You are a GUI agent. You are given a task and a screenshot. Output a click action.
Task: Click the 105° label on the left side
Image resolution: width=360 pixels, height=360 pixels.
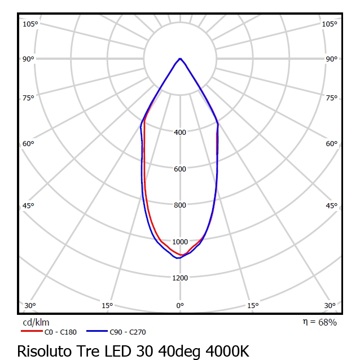tap(30, 24)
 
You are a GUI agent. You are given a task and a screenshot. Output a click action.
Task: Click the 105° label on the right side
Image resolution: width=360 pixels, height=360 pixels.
tap(330, 24)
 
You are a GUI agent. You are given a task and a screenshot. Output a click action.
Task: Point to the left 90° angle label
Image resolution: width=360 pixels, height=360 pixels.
tap(28, 59)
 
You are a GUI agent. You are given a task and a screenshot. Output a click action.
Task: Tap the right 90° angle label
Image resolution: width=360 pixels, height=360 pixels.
tap(331, 59)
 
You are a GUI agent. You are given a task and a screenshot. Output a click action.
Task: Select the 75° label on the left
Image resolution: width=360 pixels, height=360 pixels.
tap(28, 98)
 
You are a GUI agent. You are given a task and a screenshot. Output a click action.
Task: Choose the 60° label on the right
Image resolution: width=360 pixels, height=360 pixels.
tap(331, 143)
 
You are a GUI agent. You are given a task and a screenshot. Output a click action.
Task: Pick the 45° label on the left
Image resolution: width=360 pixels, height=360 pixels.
tap(28, 205)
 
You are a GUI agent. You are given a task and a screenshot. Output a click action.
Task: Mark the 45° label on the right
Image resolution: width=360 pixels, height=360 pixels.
tap(331, 205)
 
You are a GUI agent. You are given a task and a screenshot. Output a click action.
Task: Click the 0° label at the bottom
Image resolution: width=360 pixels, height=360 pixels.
tap(180, 306)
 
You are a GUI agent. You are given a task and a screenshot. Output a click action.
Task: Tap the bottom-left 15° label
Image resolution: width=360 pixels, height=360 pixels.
tap(107, 306)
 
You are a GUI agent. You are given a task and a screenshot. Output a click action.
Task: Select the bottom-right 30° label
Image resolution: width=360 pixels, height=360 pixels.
tap(330, 306)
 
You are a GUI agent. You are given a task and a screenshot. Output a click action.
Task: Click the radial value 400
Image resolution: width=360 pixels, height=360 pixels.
tap(180, 133)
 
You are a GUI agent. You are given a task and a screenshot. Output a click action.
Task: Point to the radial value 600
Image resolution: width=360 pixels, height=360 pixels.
tap(180, 169)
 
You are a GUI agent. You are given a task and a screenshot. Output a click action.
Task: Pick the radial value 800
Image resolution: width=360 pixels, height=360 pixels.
tap(180, 205)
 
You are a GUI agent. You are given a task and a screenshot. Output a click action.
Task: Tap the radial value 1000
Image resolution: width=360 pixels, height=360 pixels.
tap(180, 242)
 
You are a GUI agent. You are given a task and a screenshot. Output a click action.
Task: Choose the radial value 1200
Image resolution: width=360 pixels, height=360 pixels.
tap(180, 278)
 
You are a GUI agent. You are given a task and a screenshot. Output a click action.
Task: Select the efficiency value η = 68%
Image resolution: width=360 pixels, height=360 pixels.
tap(320, 322)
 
